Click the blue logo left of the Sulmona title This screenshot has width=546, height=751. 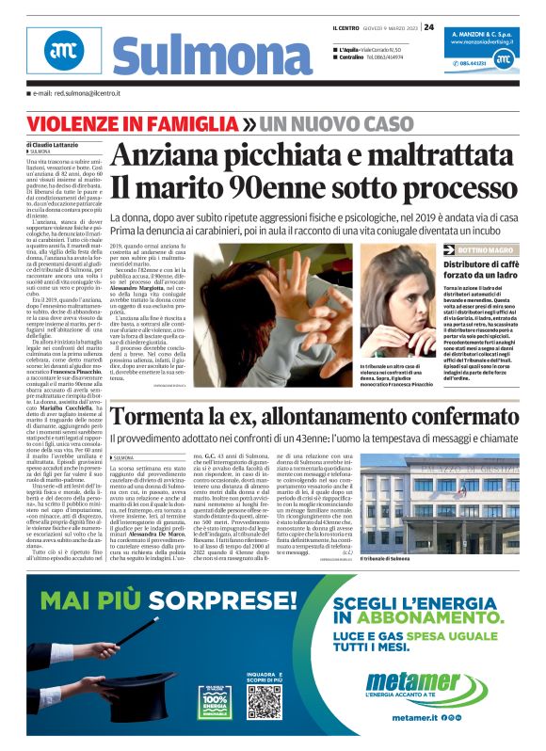click(x=61, y=53)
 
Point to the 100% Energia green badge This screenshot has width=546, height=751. click(x=215, y=701)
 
